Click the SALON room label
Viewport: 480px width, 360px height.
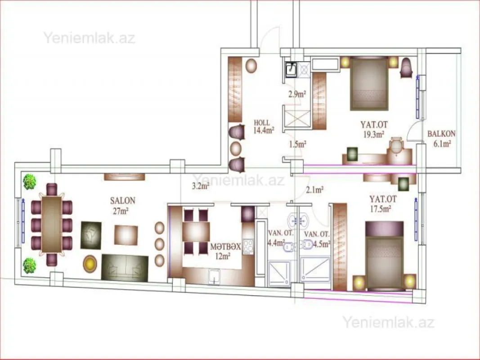122,201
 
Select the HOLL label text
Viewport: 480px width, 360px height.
262,122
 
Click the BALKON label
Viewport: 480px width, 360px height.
441,134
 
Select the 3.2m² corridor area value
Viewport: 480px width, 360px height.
201,185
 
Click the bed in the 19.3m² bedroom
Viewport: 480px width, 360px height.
369,83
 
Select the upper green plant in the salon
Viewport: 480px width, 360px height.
30,181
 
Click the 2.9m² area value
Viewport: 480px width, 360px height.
297,94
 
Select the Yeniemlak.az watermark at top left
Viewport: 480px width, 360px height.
89,37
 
